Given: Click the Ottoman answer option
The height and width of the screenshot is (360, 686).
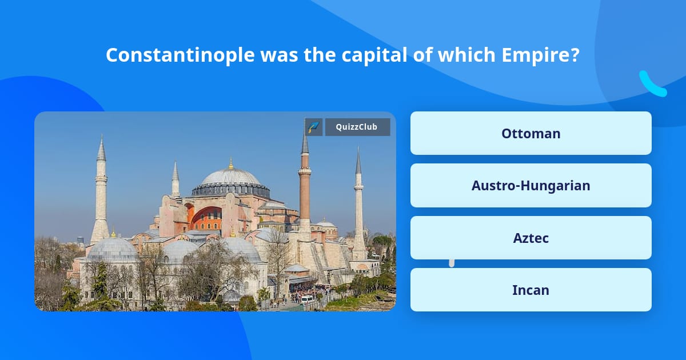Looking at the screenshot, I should coord(531,133).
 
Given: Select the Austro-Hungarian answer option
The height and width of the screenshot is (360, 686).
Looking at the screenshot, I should coord(531,186).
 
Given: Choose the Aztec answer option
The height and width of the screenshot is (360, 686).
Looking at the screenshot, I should coord(531,238).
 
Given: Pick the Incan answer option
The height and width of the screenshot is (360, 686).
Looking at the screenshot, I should coord(531,290).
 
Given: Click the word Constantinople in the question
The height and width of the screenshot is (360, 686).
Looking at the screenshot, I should coord(180,55).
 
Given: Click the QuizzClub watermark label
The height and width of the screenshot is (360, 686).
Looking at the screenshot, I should coord(357,127).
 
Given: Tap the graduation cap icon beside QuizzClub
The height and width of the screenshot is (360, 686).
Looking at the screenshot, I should coord(314,127).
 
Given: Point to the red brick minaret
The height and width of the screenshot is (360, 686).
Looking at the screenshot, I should coord(305,189).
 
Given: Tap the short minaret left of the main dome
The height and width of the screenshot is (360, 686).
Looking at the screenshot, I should coord(176,180).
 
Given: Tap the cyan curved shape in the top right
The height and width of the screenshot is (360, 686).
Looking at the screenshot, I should coord(652,85).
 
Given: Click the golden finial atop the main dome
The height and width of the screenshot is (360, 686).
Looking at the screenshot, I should coord(231,164).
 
